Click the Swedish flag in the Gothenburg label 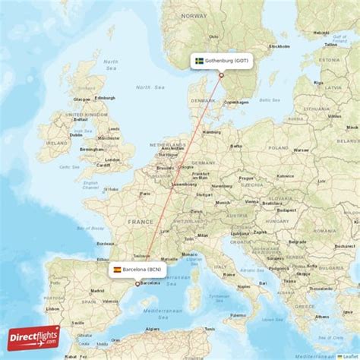coord(200,61)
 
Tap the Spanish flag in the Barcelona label coord(117,269)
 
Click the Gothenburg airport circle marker coord(221,74)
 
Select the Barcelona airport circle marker coord(137,283)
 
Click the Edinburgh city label coord(105,98)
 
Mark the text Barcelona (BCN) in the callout coord(142,269)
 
